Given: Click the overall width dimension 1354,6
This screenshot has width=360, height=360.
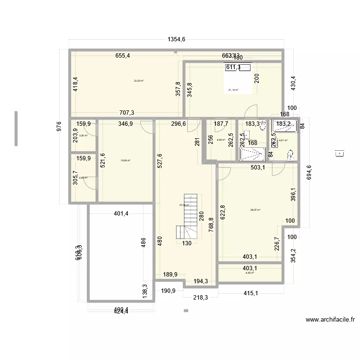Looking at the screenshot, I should [177, 40].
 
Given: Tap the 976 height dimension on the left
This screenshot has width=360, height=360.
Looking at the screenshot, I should [59, 126].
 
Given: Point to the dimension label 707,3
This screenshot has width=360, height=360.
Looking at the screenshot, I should [127, 113].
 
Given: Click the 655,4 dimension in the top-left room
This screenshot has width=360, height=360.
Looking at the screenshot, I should [122, 56].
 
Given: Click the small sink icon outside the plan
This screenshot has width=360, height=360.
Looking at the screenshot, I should [340, 153].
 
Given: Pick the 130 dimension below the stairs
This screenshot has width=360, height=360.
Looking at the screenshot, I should [187, 243].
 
